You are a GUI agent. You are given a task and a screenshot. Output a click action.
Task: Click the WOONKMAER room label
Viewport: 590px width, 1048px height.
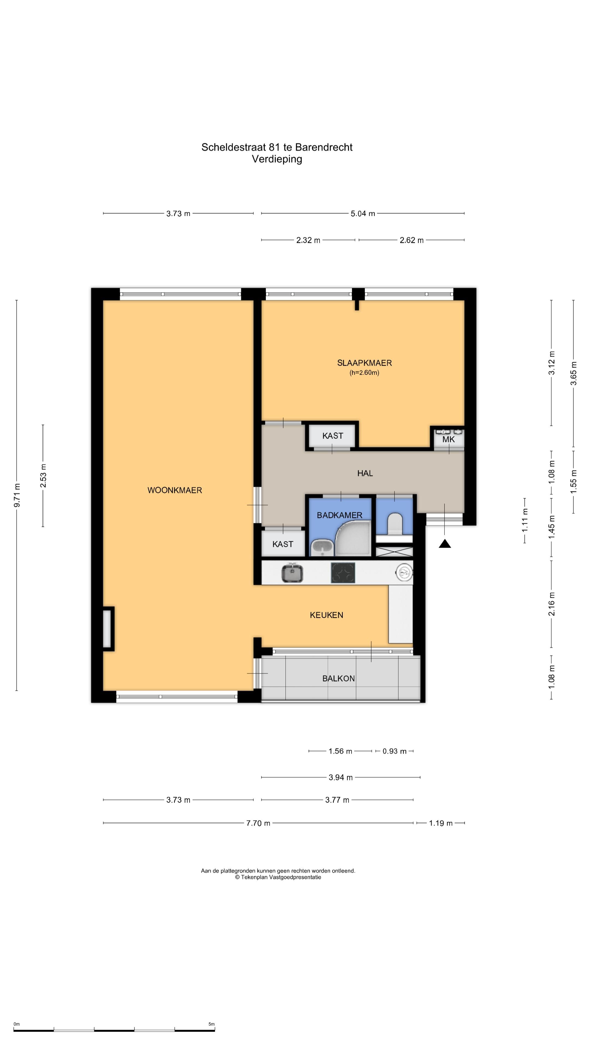coord(175,490)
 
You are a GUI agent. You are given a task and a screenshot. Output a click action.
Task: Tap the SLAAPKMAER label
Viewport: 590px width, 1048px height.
coord(364,363)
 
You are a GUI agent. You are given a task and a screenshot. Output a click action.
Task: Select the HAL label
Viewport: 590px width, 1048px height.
coord(365,473)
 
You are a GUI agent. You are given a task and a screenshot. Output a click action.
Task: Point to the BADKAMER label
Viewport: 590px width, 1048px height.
coord(340,515)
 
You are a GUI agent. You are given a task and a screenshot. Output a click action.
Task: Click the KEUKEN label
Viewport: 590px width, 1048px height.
coord(327,615)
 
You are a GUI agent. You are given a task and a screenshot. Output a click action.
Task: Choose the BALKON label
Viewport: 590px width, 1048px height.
coord(338,678)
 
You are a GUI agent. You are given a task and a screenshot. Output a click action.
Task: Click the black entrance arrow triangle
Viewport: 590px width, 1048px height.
coord(445,544)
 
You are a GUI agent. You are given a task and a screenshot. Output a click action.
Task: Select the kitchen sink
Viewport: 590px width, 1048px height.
coord(292,573)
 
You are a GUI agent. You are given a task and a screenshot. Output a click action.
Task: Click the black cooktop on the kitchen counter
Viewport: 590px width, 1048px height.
coord(343,573)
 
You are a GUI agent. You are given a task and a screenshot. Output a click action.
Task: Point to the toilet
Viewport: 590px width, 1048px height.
coord(394,524)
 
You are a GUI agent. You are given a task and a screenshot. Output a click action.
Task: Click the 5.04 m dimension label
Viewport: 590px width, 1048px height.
coord(363,214)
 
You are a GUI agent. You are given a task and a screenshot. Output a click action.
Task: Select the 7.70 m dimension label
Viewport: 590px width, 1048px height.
coord(258,823)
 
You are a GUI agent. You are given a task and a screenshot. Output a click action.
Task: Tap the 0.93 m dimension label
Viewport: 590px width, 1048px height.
coord(394,751)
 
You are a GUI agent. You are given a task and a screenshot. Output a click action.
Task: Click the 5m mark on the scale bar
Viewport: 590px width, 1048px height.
coord(211,1024)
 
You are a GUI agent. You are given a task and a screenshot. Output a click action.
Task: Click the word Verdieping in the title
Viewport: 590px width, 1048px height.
coord(277,159)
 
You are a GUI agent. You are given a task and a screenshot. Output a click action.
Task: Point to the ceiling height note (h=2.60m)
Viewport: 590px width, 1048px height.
coord(364,373)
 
